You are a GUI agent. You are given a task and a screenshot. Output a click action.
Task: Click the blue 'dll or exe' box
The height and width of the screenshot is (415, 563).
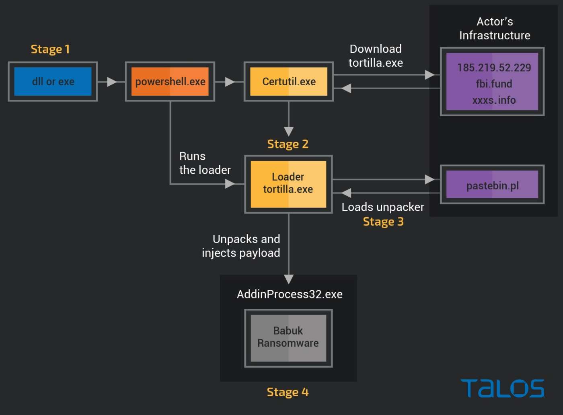tap(53, 82)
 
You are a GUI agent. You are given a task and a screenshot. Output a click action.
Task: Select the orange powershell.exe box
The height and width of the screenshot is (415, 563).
tap(170, 82)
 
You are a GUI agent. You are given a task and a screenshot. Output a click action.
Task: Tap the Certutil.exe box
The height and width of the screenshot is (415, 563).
tap(289, 82)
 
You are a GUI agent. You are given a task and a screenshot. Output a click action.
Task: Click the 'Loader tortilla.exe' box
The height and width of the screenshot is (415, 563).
tap(288, 184)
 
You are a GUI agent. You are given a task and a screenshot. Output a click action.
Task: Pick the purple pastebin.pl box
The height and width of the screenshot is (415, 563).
tap(492, 185)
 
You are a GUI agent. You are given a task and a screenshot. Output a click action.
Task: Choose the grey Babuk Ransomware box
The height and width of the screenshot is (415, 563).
tap(288, 337)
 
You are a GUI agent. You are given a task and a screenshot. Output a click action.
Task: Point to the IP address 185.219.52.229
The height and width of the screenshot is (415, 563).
tap(494, 68)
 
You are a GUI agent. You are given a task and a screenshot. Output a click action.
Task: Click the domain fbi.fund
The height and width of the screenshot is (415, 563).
tap(494, 84)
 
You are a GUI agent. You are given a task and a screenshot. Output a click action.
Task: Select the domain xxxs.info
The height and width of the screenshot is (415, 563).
tap(494, 100)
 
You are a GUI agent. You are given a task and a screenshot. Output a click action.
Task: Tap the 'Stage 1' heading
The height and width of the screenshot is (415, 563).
tap(50, 49)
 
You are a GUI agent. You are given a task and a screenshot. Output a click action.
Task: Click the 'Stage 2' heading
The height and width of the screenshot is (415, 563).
tap(288, 144)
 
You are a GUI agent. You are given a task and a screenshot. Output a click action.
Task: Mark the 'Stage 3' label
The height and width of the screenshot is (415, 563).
tap(383, 222)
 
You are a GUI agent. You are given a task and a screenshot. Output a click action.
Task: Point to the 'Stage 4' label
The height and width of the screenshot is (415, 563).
tap(288, 392)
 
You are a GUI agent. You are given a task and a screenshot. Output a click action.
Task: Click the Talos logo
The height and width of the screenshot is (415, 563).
tap(503, 388)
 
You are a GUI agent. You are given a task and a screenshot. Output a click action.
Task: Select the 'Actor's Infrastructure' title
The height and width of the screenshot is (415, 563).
tap(495, 29)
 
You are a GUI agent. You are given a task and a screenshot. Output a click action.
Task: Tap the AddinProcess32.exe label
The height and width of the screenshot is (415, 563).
tap(290, 294)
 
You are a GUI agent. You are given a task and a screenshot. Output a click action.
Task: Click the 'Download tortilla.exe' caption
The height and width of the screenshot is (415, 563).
tap(376, 56)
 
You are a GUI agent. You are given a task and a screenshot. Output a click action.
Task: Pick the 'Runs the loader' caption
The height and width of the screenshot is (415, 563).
tap(205, 163)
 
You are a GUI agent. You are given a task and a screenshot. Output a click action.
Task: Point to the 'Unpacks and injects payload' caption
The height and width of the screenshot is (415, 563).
tap(241, 246)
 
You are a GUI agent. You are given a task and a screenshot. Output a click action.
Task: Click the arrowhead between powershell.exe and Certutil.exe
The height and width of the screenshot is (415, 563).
tap(230, 82)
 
